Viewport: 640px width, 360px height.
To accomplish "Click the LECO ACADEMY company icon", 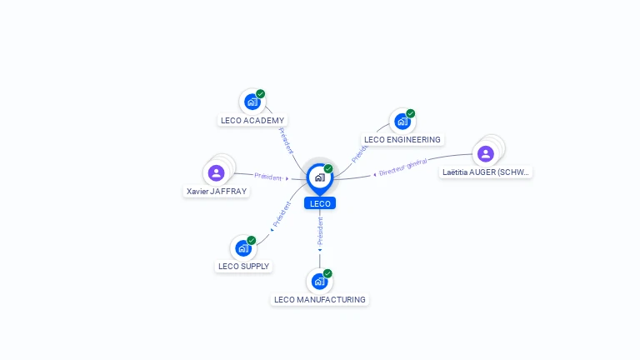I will click(252, 102).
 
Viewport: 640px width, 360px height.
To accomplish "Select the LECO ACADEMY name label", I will click(252, 120).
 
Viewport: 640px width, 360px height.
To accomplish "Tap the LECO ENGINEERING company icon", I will click(402, 122).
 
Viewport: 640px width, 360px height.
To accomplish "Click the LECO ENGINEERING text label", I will click(402, 139).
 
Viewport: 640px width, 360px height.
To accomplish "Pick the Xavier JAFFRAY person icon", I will click(216, 173).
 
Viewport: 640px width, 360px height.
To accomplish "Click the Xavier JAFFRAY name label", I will click(217, 191).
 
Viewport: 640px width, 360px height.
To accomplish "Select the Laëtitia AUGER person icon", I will click(485, 154).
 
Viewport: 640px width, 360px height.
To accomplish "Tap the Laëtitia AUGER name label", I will click(487, 172).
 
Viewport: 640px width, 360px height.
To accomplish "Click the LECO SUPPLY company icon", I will click(242, 248).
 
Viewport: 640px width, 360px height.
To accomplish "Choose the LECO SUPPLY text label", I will click(243, 267).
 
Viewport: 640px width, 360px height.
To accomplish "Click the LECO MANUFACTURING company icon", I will click(318, 282).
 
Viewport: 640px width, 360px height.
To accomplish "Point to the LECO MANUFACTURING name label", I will click(319, 299).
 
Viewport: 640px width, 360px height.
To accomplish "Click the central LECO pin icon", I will click(319, 177).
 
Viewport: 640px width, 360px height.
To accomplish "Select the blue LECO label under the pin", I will click(319, 203).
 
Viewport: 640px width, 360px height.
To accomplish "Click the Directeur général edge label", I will click(402, 167).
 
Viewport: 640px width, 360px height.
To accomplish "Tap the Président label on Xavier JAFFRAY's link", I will click(267, 177).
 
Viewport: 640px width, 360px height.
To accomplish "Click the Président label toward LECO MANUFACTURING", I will click(320, 230).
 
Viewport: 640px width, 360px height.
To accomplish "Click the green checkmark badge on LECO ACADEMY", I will click(261, 94).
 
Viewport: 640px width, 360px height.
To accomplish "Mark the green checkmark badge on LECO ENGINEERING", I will click(411, 113).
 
